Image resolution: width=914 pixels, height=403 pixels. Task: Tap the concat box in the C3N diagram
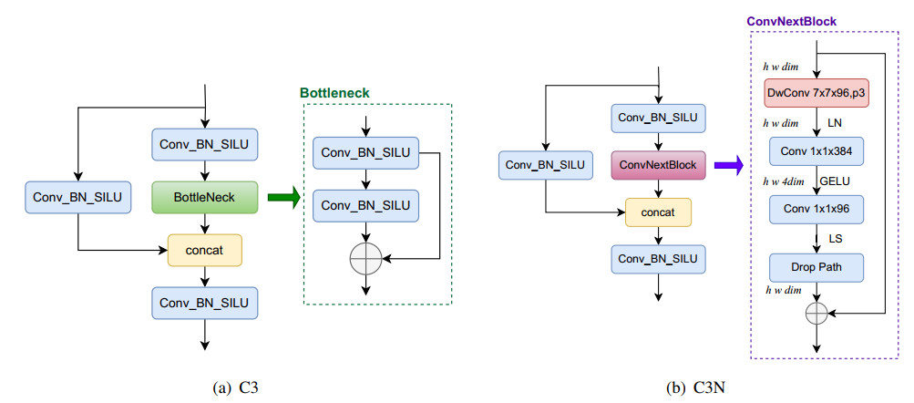pos(658,212)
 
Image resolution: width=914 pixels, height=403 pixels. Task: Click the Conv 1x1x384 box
pos(816,150)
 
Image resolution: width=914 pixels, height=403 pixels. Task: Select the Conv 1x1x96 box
pos(816,209)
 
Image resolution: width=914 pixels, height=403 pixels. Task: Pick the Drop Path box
pos(816,267)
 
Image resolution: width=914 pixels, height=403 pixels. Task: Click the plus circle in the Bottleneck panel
pos(365,260)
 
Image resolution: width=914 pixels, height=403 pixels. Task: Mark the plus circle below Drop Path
pos(816,312)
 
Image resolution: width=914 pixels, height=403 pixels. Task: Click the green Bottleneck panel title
pos(334,93)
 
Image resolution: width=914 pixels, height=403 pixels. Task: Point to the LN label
pos(834,121)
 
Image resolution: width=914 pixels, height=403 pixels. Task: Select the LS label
pos(835,239)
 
